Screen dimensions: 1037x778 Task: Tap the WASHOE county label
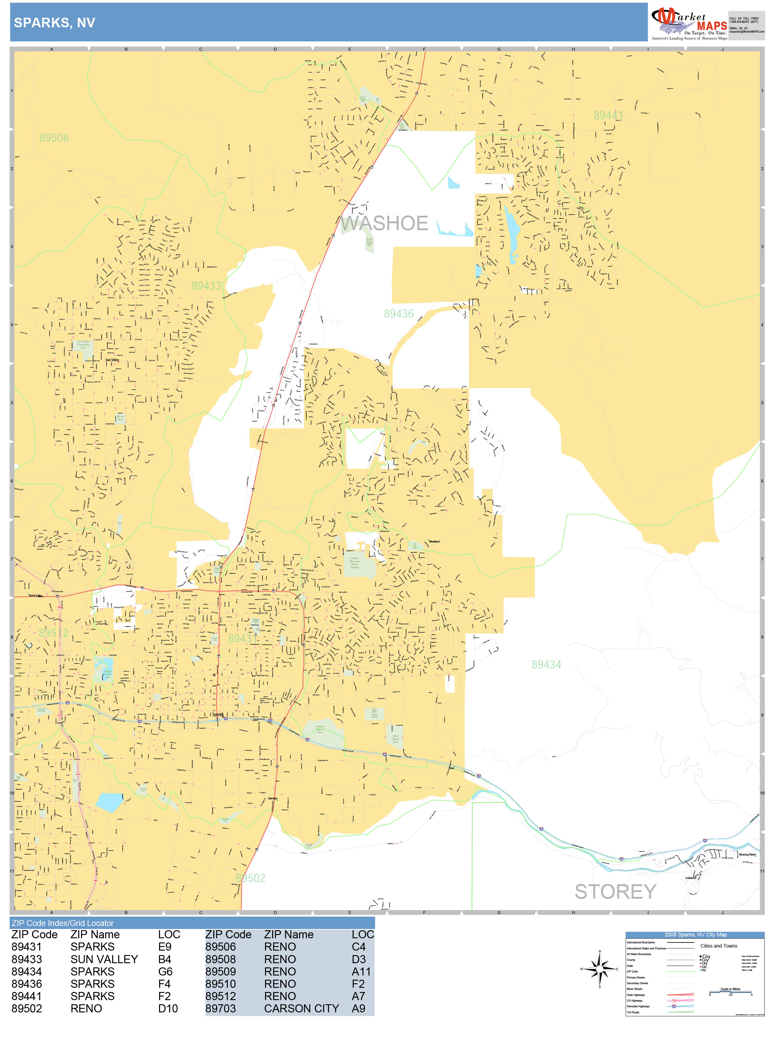(384, 223)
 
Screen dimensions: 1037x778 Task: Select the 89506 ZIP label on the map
(54, 138)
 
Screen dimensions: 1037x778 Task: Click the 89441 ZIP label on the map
(608, 115)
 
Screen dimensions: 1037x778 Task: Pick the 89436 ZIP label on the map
(399, 314)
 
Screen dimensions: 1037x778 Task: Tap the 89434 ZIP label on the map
(546, 664)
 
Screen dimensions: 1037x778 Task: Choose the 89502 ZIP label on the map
(251, 878)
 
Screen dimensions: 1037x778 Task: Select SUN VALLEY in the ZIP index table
(104, 959)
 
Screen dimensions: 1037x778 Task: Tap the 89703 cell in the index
(220, 1008)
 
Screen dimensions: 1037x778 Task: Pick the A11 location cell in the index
(361, 971)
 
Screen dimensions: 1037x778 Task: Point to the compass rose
(599, 969)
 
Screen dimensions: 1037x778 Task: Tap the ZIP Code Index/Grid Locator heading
(63, 923)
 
